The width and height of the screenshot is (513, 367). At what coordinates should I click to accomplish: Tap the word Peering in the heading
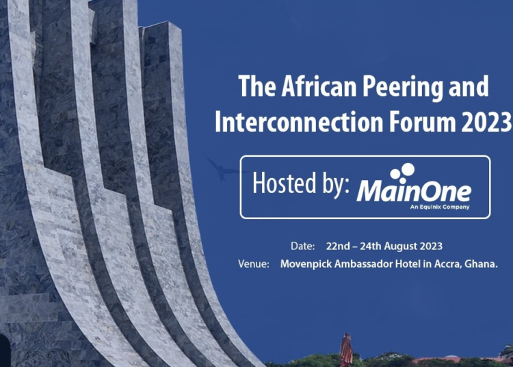pyautogui.click(x=399, y=88)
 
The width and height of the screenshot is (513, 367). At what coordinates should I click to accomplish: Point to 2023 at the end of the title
pyautogui.click(x=487, y=122)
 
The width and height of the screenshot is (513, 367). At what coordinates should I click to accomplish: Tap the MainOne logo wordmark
pyautogui.click(x=414, y=191)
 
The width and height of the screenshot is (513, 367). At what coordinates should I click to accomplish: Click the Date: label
pyautogui.click(x=302, y=246)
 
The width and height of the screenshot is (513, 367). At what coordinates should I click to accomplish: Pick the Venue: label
pyautogui.click(x=254, y=264)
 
